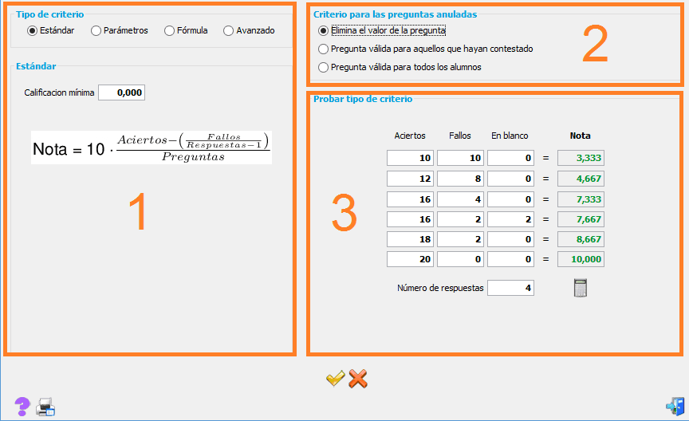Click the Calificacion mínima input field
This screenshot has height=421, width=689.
122,92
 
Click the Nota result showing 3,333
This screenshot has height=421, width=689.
581,158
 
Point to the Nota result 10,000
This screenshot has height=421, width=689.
581,259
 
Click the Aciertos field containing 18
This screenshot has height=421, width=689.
411,239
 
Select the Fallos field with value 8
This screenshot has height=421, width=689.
460,179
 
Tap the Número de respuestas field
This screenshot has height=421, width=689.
510,288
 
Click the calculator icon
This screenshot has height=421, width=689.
581,288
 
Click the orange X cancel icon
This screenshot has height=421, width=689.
358,379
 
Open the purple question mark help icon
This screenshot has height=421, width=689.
22,407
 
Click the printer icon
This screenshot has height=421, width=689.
45,407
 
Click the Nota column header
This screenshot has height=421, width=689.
580,136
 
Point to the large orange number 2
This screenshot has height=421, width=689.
596,44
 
